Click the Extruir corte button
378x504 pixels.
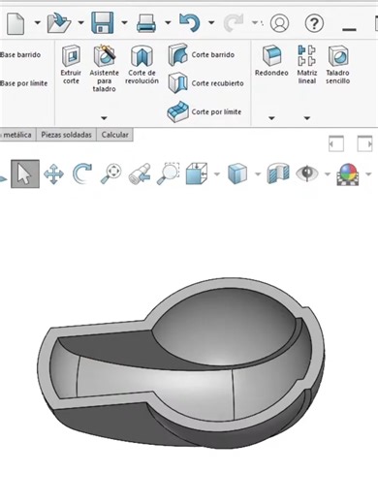tap(71, 65)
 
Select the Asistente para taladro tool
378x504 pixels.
tap(104, 68)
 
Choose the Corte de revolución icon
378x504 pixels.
tap(142, 65)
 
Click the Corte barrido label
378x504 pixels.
tap(213, 55)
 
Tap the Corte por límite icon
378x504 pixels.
tap(177, 111)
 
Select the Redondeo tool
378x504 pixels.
tap(271, 61)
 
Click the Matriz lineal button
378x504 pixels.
tap(306, 65)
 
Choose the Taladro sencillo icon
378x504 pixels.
tap(337, 65)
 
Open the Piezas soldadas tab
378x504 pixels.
tap(66, 135)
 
